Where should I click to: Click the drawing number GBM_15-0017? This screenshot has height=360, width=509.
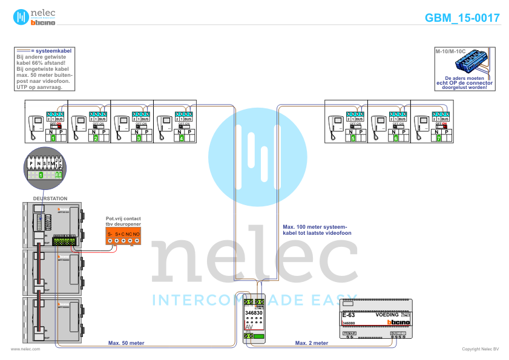462,18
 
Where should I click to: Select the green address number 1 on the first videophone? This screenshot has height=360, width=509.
53,139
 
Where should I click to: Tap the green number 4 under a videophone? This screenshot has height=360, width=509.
182,139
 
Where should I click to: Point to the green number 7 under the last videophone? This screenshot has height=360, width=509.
438,139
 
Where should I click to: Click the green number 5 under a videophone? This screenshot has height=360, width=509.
353,139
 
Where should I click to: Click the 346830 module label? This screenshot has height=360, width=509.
254,313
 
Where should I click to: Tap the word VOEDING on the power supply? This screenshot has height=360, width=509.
387,315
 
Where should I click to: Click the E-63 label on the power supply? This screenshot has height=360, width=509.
348,315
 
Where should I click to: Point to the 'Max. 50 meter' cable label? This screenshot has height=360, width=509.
126,343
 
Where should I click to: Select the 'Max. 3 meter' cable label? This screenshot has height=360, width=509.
312,343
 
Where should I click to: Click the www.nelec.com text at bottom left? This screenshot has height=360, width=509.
25,349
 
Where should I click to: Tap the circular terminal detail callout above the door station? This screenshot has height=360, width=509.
42,168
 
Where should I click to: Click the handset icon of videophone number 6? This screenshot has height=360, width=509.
376,126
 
